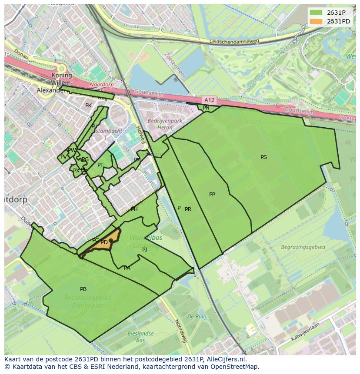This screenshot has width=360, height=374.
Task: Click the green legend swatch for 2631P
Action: tap(316, 13)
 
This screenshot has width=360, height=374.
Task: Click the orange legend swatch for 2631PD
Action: tap(316, 21)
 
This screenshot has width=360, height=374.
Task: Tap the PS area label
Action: tap(263, 157)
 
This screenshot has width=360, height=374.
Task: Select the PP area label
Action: tap(212, 195)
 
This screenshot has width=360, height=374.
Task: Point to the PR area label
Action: tap(188, 209)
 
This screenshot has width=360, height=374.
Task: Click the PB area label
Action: tap(83, 289)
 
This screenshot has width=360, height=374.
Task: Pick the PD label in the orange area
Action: tap(104, 242)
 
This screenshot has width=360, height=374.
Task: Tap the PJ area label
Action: tap(145, 250)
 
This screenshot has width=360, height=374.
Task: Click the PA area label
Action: tap(127, 268)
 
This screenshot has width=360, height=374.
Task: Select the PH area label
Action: tap(134, 209)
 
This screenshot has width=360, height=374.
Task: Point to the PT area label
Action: tap(100, 165)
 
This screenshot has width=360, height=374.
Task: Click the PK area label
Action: tap(88, 106)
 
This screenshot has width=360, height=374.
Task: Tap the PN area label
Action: tap(206, 108)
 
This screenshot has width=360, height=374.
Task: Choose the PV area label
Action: tap(63, 157)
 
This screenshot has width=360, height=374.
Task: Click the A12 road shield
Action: tap(209, 100)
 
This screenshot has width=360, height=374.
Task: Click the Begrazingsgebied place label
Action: tap(303, 247)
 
